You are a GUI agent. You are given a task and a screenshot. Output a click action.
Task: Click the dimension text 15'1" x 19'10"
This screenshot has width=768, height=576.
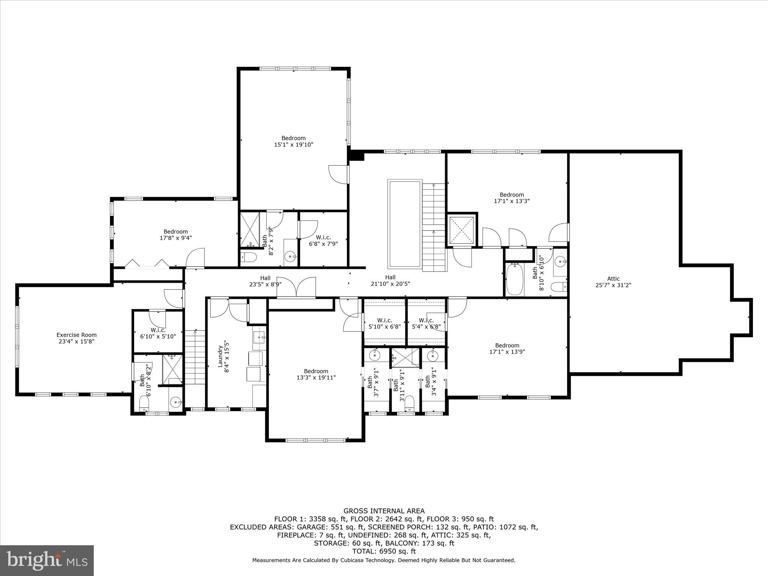293,144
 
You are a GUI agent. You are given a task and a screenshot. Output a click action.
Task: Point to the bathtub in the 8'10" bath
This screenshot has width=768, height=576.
513,279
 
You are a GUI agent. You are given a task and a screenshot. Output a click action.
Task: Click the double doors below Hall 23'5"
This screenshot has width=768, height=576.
296,288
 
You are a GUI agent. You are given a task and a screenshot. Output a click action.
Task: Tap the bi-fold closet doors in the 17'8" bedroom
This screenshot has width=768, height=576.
146,263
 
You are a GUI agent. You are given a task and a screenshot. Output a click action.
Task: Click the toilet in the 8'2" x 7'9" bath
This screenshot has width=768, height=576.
248,257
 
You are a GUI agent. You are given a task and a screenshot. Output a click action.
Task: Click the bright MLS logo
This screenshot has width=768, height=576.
47,560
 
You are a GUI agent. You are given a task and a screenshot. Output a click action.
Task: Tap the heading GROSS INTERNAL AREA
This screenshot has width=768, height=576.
384,511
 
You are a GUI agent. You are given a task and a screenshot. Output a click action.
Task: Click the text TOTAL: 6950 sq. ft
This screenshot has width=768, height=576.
384,551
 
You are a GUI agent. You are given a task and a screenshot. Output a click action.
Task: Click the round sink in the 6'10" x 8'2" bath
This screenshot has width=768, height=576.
175,403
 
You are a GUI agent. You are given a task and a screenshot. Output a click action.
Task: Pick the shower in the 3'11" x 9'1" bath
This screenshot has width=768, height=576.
405,357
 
